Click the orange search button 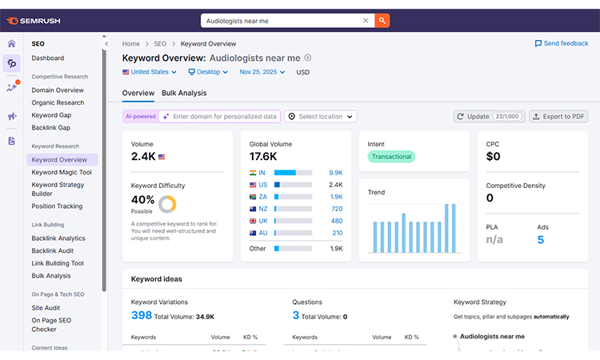coord(382,21)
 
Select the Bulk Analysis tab coord(184,93)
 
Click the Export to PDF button coord(559,117)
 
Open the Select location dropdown coord(320,117)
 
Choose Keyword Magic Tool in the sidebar coord(62,172)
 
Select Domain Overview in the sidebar coord(58,90)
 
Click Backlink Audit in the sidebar coord(54,250)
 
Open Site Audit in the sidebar coord(46,307)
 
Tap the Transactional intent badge coord(391,157)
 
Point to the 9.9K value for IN coord(335,172)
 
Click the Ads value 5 coord(541,240)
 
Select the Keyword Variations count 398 coord(142,316)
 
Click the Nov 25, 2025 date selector coord(264,72)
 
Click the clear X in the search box coord(366,21)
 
